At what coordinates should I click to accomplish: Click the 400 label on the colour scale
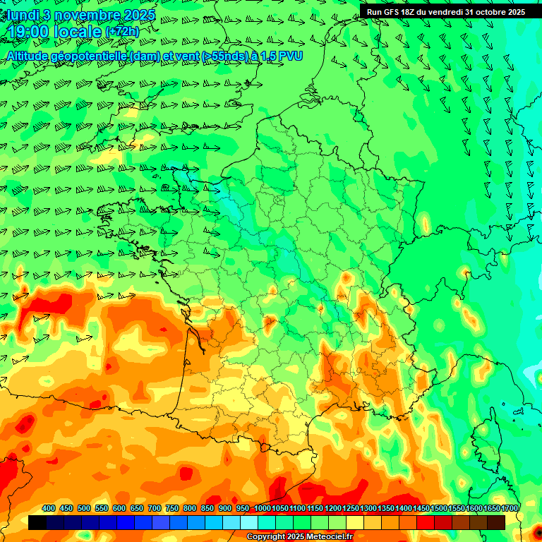coord(49,508)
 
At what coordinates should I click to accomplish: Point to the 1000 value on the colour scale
coord(263,508)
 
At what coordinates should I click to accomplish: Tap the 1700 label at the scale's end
coord(510,508)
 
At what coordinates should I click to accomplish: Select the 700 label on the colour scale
coord(155,508)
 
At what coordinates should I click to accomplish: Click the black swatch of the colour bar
coord(37,522)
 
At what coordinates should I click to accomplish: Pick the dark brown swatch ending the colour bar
coord(496,522)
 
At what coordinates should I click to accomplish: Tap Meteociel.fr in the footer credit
coord(330,537)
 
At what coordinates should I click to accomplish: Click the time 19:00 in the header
coord(30,32)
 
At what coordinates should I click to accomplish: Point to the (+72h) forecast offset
coord(123,32)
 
